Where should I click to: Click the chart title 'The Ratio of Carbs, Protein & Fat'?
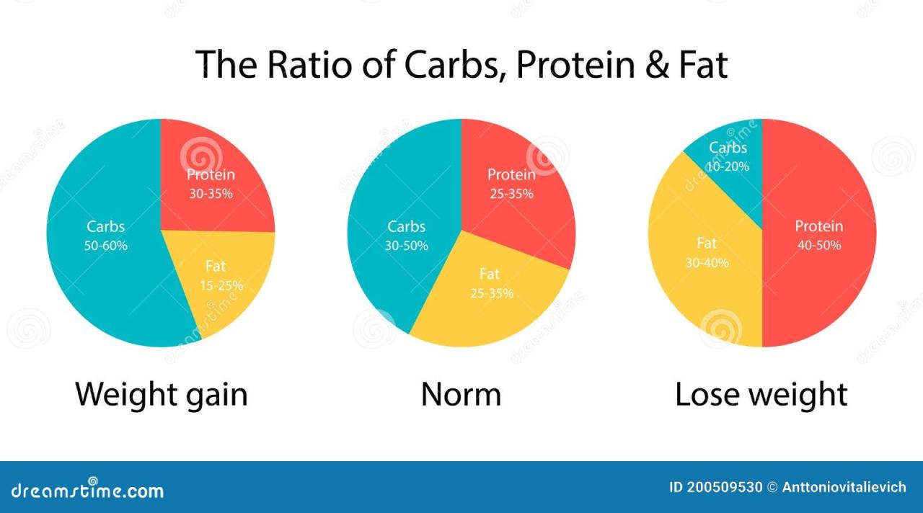click(461, 65)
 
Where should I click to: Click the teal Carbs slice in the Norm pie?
click(404, 238)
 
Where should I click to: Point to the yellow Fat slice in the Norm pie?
click(490, 295)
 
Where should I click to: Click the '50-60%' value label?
click(106, 246)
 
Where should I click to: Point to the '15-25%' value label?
click(221, 285)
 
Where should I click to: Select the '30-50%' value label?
click(406, 246)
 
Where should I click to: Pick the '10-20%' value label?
click(728, 166)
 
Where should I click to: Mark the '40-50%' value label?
click(818, 245)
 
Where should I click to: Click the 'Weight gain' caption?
click(162, 395)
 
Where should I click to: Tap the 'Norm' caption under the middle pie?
click(461, 395)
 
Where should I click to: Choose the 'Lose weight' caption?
click(761, 395)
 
